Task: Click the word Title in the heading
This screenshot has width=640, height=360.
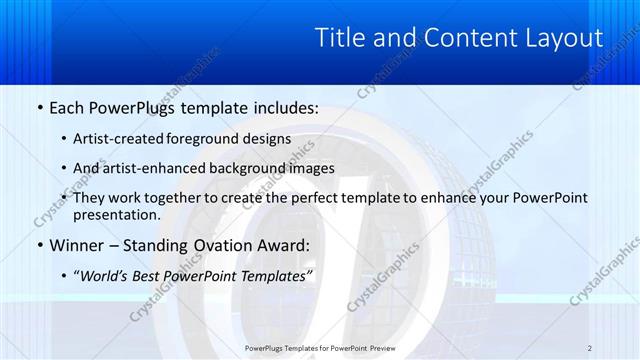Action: point(342,38)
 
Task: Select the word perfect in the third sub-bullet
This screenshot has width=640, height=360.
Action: point(318,198)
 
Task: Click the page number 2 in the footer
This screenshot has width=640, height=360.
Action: point(590,348)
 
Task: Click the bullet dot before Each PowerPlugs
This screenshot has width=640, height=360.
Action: point(39,108)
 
